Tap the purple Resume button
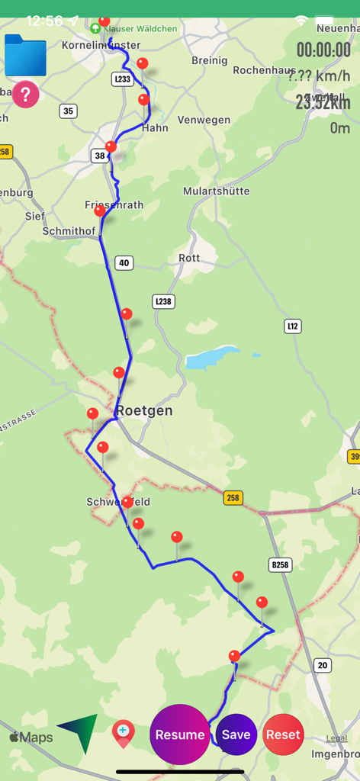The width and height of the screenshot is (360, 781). pos(180,734)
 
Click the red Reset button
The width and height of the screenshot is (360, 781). pos(283,734)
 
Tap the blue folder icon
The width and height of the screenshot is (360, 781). pos(25,56)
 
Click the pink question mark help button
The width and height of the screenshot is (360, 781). pos(25,95)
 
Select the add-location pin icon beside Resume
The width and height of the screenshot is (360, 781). pos(123,733)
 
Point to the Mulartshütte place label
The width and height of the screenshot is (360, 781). pos(219,191)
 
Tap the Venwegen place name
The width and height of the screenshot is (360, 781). pos(204,120)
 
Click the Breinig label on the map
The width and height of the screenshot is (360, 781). pos(209,60)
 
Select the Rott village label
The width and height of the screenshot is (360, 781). pos(189,258)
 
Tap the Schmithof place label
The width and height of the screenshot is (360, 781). pos(69,231)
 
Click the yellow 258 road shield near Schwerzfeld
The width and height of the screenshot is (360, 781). pos(233,498)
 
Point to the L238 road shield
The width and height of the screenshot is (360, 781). pos(163,301)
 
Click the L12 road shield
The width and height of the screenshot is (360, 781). pos(293,326)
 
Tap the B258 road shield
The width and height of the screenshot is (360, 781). pos(281,565)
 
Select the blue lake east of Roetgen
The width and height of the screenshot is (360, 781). pos(211,357)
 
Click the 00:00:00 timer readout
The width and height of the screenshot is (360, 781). pos(323,50)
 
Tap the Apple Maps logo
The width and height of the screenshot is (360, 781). pos(31,738)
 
